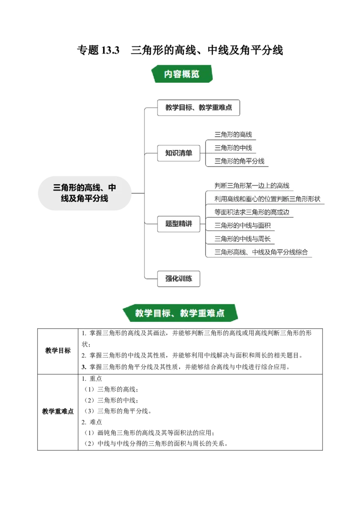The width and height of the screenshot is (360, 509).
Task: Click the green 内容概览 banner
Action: point(182,74)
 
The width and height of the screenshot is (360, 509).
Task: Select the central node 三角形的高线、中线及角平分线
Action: point(85,192)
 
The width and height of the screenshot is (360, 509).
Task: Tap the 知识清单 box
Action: point(179,153)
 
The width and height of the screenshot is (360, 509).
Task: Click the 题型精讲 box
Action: point(179,224)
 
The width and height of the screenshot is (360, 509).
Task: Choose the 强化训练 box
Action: point(179,279)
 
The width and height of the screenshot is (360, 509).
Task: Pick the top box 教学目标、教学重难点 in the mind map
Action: point(198,108)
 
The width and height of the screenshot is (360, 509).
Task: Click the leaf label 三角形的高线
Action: point(233,134)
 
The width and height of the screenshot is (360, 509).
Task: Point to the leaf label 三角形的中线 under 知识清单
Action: point(233,147)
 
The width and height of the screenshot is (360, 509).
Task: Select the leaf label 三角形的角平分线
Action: point(239,161)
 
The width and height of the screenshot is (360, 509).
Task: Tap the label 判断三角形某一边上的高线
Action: point(252,185)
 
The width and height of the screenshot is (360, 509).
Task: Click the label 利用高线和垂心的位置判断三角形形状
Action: point(267,199)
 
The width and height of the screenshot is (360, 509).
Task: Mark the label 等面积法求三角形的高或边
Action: point(252,212)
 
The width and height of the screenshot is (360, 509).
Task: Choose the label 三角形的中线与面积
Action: point(243,225)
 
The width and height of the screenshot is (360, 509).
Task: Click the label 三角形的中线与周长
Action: point(243,239)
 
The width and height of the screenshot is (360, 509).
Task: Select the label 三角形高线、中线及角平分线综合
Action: point(261,252)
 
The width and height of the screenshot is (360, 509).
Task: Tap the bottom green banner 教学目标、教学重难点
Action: point(180,313)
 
